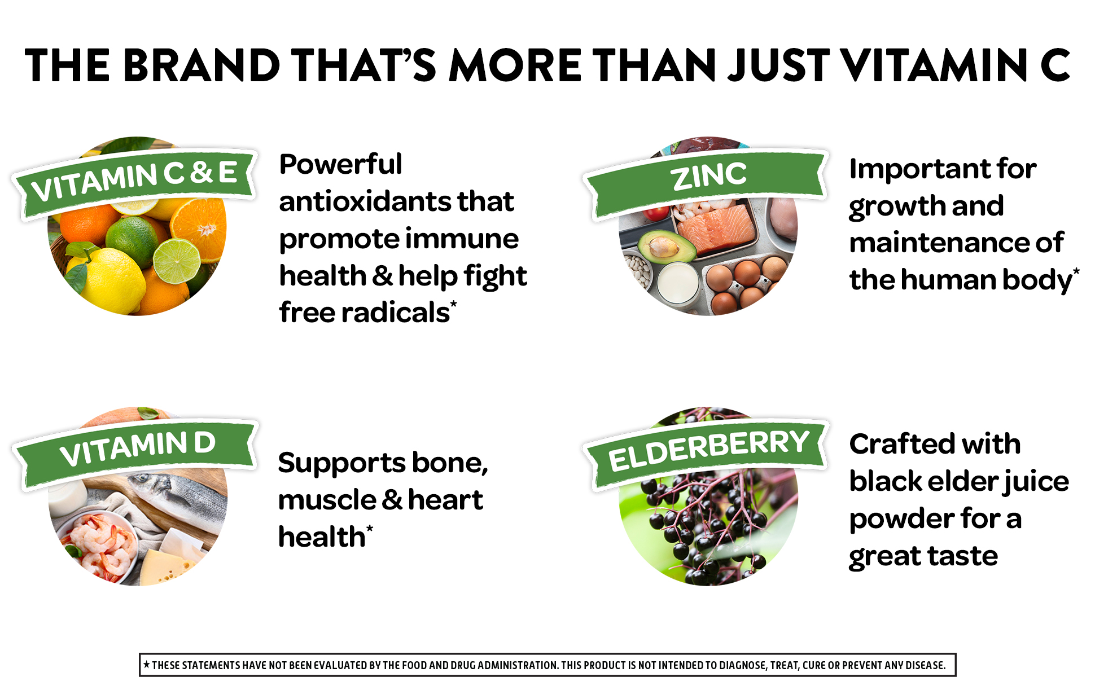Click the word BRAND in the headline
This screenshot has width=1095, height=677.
tap(202, 65)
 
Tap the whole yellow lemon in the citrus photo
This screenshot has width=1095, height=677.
tap(107, 279)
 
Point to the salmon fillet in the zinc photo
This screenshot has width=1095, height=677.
tap(716, 228)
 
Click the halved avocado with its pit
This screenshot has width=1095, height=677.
tap(666, 247)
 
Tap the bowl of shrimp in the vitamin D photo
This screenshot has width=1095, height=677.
tap(99, 544)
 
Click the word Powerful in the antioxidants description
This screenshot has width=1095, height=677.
tap(341, 164)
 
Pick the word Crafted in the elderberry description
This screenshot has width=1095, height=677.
tap(901, 444)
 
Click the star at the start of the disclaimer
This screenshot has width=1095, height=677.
tap(147, 665)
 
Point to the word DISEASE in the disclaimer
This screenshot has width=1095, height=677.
tap(925, 665)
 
